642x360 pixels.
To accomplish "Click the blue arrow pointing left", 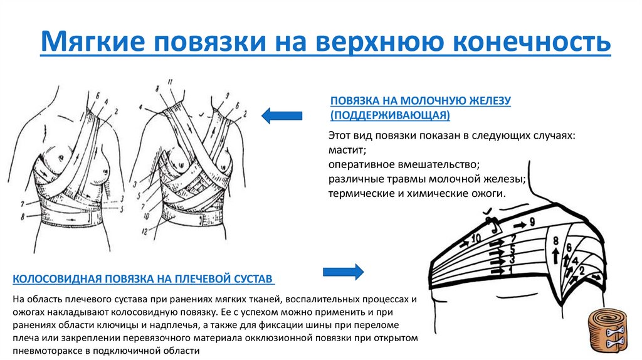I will (282, 115).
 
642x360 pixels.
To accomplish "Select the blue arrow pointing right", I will (343, 272).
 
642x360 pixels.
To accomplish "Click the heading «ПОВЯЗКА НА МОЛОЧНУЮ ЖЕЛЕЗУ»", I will (421, 101).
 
